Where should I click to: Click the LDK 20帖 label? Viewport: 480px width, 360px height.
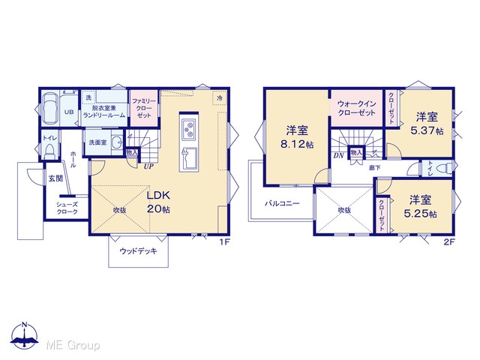point(158,202)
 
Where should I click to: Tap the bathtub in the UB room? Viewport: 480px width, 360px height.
point(50,108)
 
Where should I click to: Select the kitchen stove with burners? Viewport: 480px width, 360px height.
point(188,129)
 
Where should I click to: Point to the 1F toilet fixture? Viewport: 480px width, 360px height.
point(49,152)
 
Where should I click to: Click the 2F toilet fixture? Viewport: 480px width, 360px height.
point(444,169)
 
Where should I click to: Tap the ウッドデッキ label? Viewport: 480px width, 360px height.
point(138,251)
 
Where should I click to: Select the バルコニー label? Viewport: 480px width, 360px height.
point(282,203)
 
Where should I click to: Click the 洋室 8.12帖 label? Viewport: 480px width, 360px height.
point(297,137)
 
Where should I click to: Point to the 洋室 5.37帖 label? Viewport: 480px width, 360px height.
point(427,124)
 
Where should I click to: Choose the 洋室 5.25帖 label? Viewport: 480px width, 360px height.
point(420,207)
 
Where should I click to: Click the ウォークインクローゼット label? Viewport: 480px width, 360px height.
point(356,108)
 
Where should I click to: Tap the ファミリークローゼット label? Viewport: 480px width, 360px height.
point(144,108)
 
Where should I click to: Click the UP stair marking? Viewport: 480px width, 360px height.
point(148,166)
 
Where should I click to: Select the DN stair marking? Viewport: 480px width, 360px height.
point(338,155)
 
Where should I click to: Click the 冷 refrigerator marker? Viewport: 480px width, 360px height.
point(220,98)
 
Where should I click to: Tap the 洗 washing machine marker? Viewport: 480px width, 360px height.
point(88,98)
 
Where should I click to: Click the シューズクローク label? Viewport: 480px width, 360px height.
point(67,208)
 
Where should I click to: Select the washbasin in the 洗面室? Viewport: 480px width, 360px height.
point(117,142)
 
